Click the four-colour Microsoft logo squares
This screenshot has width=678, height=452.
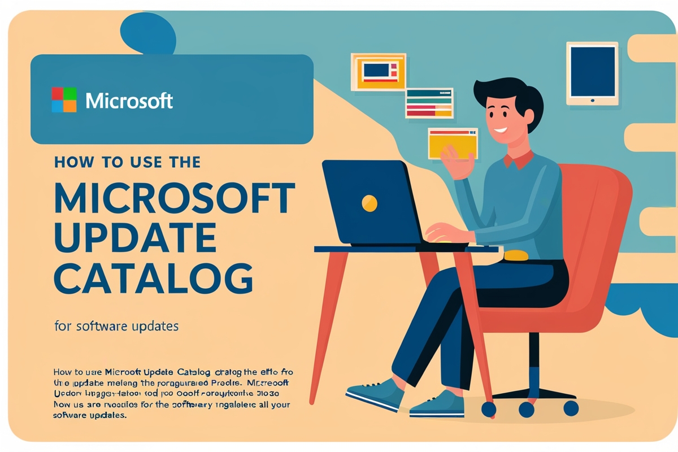click(x=64, y=100)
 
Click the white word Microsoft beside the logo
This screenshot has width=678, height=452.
click(x=129, y=101)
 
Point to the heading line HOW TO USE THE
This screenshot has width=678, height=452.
click(x=127, y=163)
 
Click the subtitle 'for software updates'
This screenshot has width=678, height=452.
click(x=117, y=326)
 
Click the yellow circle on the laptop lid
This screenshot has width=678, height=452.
click(x=369, y=203)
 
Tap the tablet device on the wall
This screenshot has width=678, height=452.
click(x=592, y=72)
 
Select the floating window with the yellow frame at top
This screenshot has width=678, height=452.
click(x=378, y=71)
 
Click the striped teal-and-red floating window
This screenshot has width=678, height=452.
click(x=429, y=103)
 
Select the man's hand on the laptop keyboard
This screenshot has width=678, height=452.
click(x=444, y=232)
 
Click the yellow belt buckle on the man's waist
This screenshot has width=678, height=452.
click(x=515, y=255)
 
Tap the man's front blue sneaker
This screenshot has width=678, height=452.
click(x=376, y=393)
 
